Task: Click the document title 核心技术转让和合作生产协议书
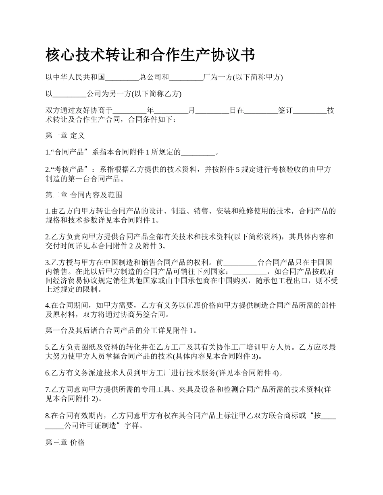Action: tap(150, 55)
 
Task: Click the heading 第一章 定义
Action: tap(65, 136)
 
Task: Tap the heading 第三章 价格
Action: tap(65, 442)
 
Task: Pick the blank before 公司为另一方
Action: tap(69, 94)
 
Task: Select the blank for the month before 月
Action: tap(171, 111)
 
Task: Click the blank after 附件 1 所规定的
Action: tap(198, 153)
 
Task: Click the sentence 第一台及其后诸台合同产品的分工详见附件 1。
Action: tap(121, 331)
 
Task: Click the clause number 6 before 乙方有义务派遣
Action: tap(47, 373)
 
